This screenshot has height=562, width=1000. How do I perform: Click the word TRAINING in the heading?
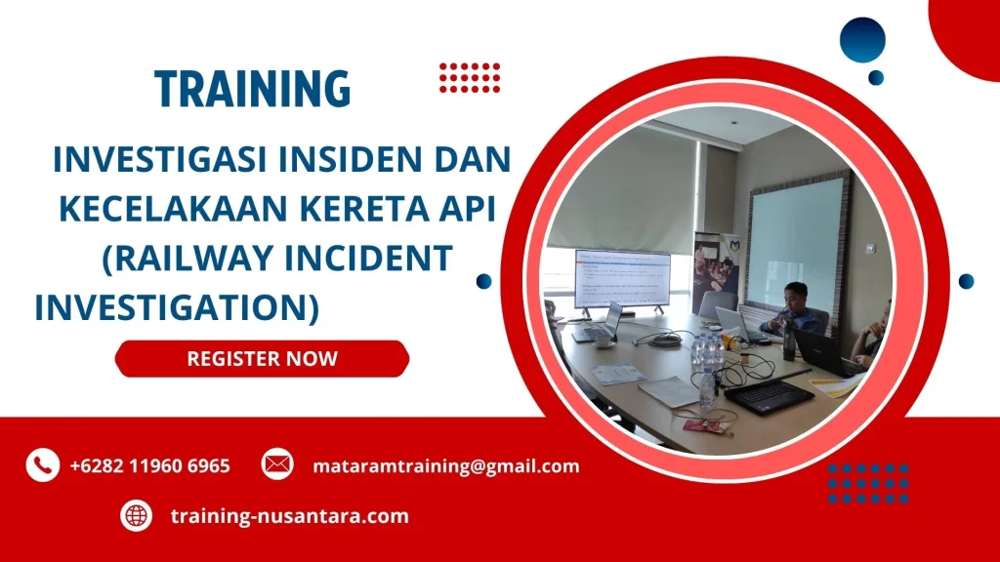(252, 89)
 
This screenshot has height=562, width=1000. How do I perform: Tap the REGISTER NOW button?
(262, 358)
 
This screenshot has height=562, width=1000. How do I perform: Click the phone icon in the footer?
(43, 465)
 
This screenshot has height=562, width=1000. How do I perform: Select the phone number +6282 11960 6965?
(149, 466)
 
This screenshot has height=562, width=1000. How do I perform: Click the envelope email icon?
(277, 463)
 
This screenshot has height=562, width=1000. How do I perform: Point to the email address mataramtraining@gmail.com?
(445, 466)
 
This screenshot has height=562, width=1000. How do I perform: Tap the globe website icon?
(137, 515)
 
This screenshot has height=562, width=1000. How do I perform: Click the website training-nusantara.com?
(289, 516)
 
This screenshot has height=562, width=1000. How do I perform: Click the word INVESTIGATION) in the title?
(177, 307)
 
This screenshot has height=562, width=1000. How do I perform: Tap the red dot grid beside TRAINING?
(470, 77)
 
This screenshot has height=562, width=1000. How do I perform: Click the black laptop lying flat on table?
(768, 395)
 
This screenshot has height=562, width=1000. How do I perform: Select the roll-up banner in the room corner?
(716, 269)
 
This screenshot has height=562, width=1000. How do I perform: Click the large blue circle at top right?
(861, 41)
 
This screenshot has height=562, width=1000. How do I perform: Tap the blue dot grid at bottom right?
(868, 482)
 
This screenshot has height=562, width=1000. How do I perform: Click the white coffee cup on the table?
(604, 341)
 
